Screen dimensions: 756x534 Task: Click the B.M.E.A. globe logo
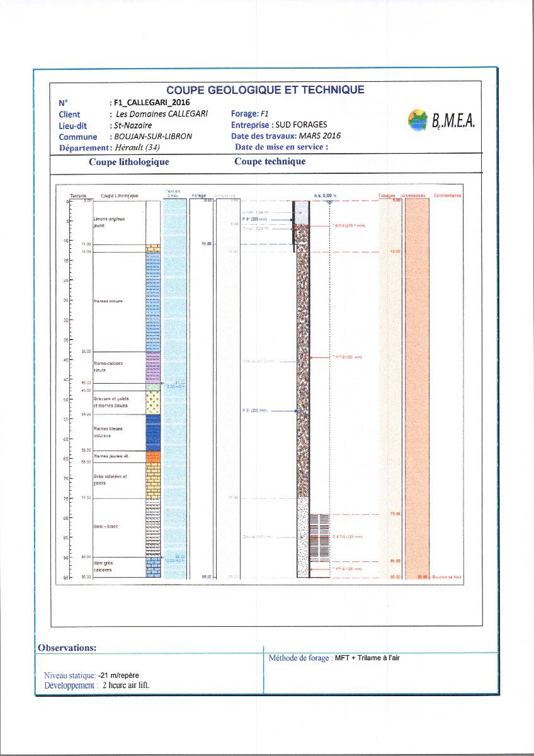tap(416, 119)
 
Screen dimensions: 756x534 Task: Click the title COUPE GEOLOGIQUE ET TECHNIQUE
tap(265, 90)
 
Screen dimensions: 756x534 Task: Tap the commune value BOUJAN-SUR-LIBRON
tap(151, 137)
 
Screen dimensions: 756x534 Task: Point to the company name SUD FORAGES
tap(301, 125)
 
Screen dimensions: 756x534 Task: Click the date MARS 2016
tap(319, 135)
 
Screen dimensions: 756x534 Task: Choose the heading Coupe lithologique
tap(128, 162)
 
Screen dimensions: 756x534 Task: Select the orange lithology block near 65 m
tap(154, 457)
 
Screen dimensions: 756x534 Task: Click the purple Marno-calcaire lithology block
tap(154, 367)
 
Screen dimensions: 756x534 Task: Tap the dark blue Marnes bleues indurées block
tap(154, 432)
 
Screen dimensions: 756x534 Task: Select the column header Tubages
tap(387, 195)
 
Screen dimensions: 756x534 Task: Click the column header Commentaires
tap(447, 195)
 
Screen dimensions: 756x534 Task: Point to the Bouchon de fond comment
tap(446, 576)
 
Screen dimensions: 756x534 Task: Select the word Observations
tap(67, 648)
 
